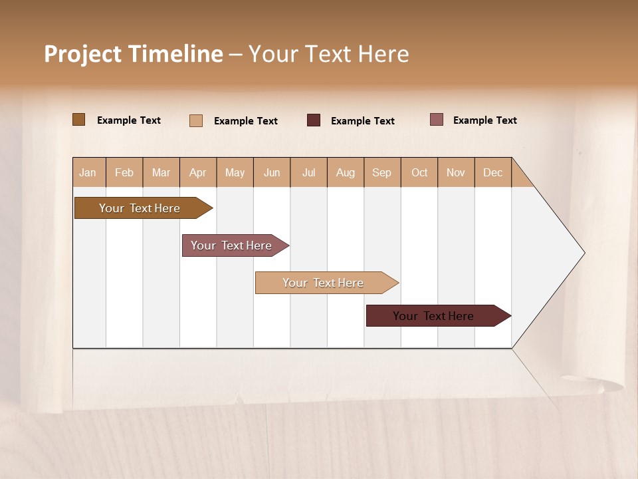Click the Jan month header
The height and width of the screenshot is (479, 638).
(88, 172)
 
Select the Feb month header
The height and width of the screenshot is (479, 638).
(124, 172)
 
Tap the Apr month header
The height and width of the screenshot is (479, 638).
(198, 172)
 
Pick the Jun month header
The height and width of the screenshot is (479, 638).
(272, 172)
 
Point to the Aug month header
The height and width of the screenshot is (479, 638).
(346, 172)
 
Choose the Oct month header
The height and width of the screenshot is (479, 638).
(419, 172)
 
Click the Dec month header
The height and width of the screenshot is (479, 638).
(492, 172)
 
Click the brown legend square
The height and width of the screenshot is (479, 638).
(79, 120)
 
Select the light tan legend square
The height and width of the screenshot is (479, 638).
(196, 120)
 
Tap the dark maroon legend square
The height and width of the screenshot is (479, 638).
(314, 120)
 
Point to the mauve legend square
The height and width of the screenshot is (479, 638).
(437, 120)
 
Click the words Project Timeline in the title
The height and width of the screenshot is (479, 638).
(133, 54)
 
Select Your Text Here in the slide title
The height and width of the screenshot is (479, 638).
(329, 54)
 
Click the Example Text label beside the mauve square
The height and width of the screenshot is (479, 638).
(484, 120)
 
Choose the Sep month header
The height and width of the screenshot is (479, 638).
(382, 172)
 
